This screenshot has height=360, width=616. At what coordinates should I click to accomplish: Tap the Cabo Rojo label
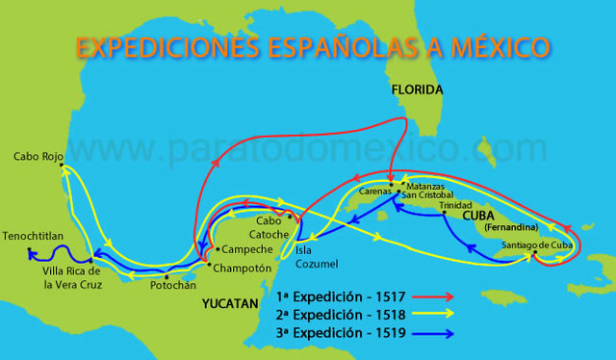coord(37,156)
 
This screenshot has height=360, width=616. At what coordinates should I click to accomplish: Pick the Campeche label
coord(242,248)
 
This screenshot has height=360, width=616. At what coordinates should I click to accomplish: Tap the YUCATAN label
coord(231,303)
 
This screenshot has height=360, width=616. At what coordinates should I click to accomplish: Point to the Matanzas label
coord(426,184)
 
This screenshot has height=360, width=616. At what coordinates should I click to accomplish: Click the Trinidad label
coord(456,205)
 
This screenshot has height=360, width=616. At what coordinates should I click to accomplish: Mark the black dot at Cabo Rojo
coord(62,166)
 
